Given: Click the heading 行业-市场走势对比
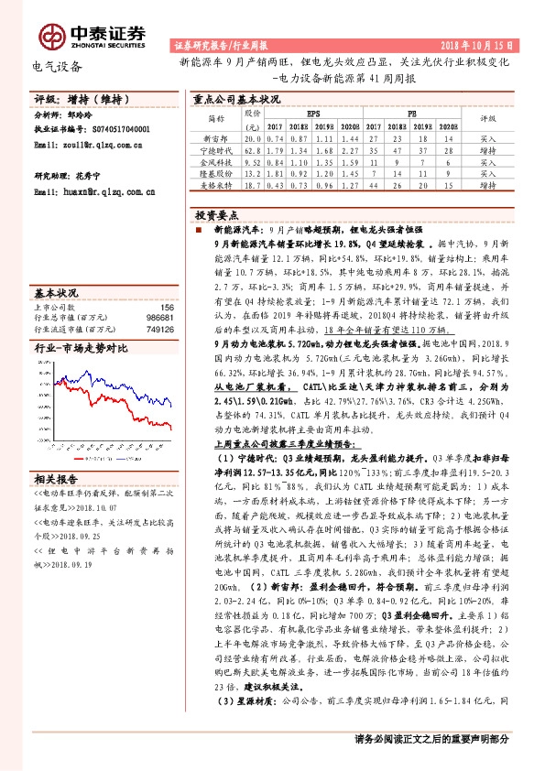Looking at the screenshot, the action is click(x=82, y=350).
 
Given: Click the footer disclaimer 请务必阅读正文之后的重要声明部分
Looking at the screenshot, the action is click(x=431, y=739).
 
